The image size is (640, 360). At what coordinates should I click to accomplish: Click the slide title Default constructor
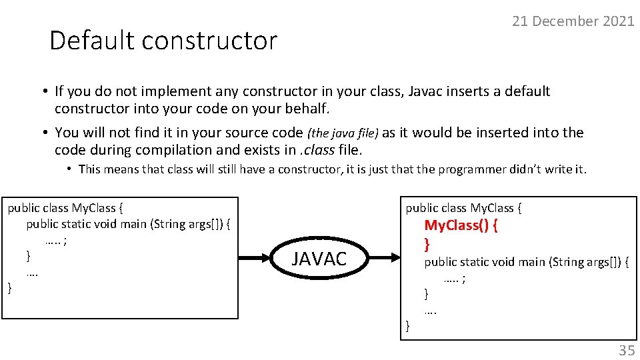[163, 41]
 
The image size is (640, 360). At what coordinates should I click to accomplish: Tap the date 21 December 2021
[573, 21]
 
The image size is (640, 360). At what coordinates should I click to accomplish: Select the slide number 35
[626, 350]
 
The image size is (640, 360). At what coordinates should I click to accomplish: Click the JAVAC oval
[319, 259]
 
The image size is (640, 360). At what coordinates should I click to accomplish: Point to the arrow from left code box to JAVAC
[256, 259]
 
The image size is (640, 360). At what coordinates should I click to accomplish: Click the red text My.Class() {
[461, 225]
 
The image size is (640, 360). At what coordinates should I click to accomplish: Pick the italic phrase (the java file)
[344, 133]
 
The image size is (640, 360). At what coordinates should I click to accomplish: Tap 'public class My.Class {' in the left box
[62, 208]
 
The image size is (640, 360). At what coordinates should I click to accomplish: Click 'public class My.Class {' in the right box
[464, 208]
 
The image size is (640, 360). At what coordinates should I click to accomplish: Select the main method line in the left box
[129, 224]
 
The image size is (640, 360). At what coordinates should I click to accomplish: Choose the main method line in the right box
[527, 262]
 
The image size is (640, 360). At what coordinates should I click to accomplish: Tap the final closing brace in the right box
[409, 326]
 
